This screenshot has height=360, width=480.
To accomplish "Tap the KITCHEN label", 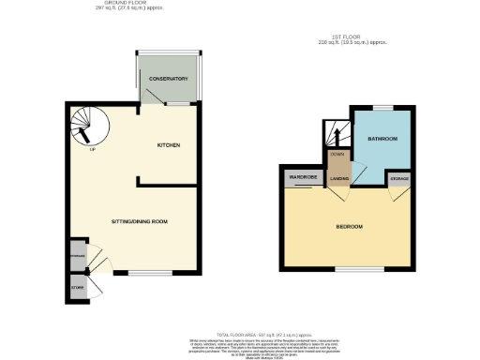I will (x=169, y=145).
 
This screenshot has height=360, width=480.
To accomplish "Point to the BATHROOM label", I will (x=382, y=139).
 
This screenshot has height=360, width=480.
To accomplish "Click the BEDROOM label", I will (x=350, y=227).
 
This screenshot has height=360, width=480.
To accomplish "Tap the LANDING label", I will (x=337, y=182).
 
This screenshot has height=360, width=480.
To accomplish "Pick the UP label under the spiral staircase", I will (x=92, y=150).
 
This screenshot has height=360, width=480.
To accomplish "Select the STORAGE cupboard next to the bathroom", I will (x=399, y=177).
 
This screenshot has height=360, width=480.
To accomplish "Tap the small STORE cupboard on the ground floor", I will (x=76, y=287).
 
